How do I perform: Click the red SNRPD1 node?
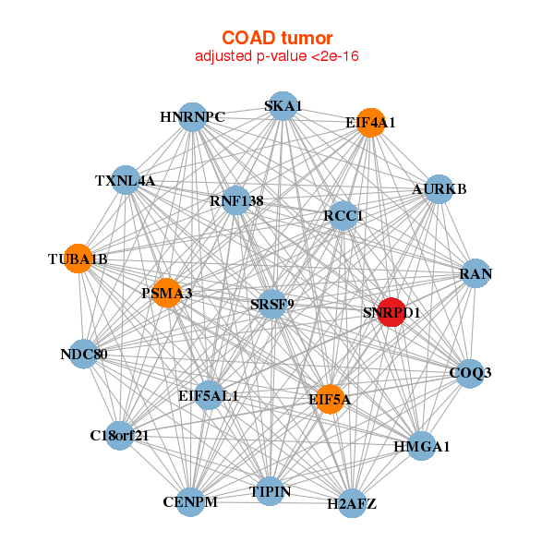point(391,312)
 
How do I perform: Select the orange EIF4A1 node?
point(370,123)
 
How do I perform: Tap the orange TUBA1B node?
point(78,259)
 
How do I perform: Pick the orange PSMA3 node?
point(167,294)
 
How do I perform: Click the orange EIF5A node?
point(330,399)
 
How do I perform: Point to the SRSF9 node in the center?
point(271,303)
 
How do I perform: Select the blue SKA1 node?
point(283,106)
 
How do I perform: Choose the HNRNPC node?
point(192,117)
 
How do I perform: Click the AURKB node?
point(440,189)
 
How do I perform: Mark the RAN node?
point(476,273)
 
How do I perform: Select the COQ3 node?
point(470,373)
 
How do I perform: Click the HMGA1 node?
point(421,447)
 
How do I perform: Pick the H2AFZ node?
point(351,503)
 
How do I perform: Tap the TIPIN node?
point(271,492)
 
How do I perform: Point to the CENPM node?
point(190,502)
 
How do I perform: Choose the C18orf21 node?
point(119,435)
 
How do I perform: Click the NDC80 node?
point(84,355)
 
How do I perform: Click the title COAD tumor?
point(277,38)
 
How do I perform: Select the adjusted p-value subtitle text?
point(277,56)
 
